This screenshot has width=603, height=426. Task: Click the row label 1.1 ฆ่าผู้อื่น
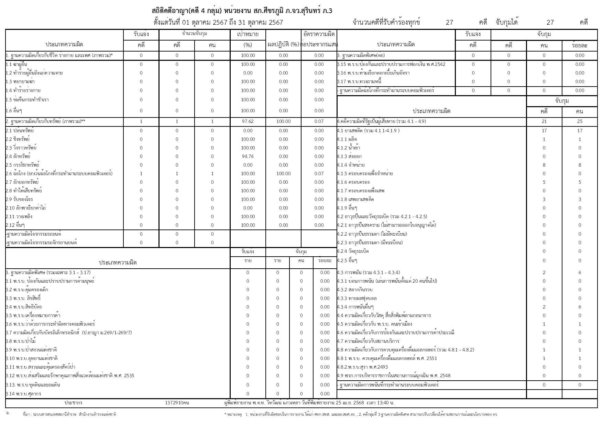pos(17,64)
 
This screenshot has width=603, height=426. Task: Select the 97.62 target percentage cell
pos(248,121)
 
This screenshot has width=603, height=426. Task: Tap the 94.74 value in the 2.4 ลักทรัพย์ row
pos(248,156)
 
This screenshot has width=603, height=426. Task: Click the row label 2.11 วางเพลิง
pos(19,216)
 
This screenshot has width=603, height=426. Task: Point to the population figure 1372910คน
pos(177,403)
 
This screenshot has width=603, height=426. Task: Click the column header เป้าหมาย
pos(248,34)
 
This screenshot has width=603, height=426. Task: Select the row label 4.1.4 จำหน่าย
pos(351,165)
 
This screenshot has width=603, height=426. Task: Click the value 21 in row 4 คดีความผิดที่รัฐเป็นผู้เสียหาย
pos(544,121)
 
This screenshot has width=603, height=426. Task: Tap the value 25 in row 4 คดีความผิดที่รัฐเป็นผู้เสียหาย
pos(580,121)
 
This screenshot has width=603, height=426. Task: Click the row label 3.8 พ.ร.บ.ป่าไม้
pos(21,341)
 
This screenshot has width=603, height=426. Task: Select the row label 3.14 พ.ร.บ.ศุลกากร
pos(23,394)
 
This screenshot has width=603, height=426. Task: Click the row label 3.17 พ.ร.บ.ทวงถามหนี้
pos(359,81)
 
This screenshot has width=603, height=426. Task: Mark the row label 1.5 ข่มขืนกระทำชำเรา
pos(27,100)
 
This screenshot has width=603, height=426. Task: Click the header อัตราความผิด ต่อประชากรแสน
pos(319,39)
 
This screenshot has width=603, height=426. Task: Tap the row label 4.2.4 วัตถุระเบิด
pos(353,251)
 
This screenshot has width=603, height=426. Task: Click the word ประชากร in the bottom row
pos(73,403)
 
